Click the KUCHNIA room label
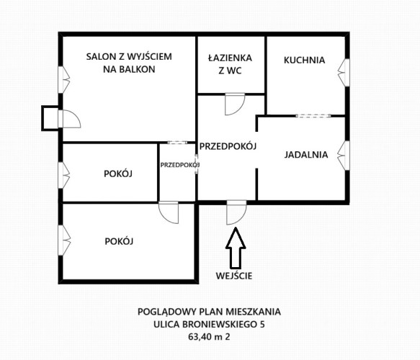(x=304, y=60)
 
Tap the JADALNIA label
(x=306, y=155)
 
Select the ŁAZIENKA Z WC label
(x=230, y=64)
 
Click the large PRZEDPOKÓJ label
(x=228, y=146)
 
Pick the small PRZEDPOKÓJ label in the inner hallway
(x=180, y=165)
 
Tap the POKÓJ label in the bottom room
(x=119, y=241)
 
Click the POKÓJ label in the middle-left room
(x=118, y=174)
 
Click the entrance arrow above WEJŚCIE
(x=236, y=248)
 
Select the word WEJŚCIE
(x=234, y=276)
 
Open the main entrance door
(x=236, y=212)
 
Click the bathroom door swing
(x=235, y=104)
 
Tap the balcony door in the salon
(x=69, y=119)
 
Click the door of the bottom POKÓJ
(x=169, y=212)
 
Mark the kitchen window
(x=344, y=73)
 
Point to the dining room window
(x=344, y=156)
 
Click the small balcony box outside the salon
(x=50, y=118)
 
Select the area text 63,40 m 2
(x=209, y=336)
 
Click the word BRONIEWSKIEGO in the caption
(x=220, y=324)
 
